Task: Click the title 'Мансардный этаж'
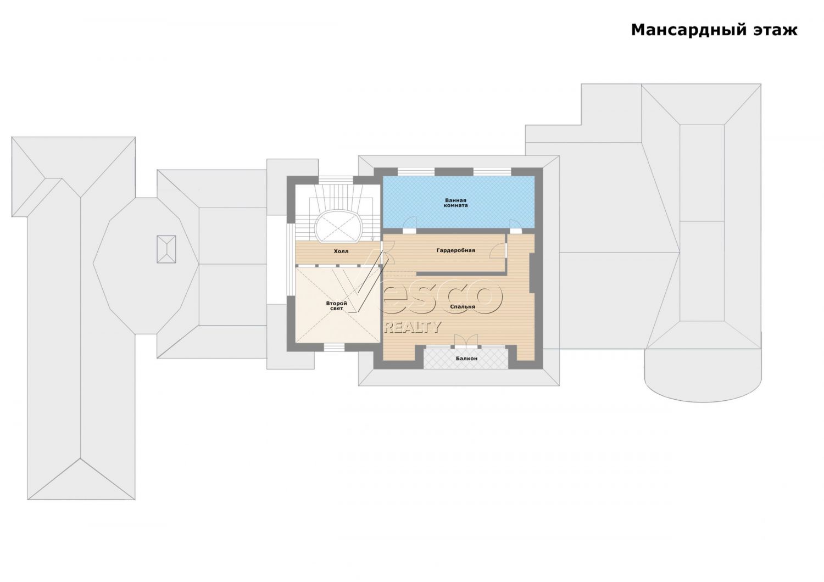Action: coord(714,30)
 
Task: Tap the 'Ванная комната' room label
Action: coord(456,203)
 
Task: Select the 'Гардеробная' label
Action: coord(456,250)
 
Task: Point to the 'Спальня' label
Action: coord(463,306)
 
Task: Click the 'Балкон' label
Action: coord(466,358)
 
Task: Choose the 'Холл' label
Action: coord(341,251)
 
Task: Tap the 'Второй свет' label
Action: coord(337,305)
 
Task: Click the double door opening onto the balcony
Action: coord(466,341)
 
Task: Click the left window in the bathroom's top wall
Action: coord(416,172)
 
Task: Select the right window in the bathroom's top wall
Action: coord(492,172)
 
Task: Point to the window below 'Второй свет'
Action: coord(334,348)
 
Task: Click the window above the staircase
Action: coord(336,180)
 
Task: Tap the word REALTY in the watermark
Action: coord(413,327)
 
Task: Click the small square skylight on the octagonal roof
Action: coord(166,249)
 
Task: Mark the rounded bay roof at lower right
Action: coord(703,375)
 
